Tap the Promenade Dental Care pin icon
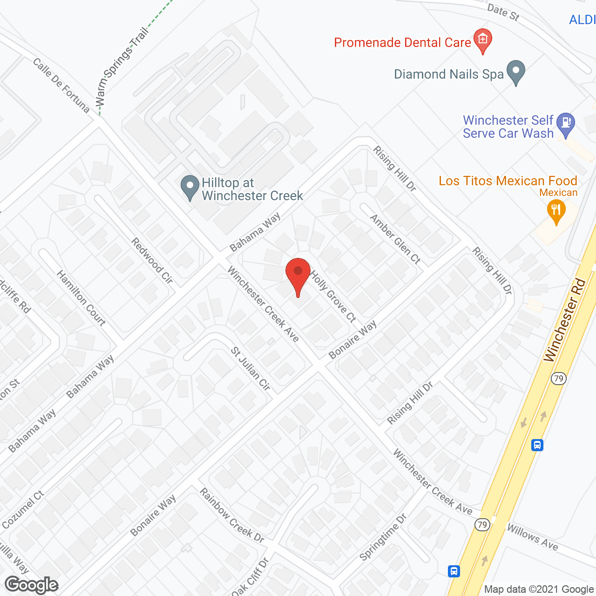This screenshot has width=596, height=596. (483, 40)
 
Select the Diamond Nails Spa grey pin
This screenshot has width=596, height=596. (515, 72)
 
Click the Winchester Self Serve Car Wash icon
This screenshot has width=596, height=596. (566, 123)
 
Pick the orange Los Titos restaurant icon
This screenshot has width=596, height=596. (556, 210)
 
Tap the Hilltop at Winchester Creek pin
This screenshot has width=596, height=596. (190, 186)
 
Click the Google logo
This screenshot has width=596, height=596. (32, 585)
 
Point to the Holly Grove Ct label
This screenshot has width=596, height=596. (333, 297)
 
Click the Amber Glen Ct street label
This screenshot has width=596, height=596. (395, 239)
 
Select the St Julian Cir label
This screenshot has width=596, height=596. (251, 368)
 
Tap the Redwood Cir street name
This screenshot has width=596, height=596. (152, 260)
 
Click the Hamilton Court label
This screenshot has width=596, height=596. (81, 298)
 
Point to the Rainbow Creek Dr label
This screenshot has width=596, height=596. (232, 515)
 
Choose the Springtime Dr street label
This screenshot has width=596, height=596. (383, 537)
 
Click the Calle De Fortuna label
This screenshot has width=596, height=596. (61, 85)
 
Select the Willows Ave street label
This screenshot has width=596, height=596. (532, 537)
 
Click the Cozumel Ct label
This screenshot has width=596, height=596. (22, 510)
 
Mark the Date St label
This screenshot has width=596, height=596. (503, 12)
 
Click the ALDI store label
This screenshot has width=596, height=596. (582, 20)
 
